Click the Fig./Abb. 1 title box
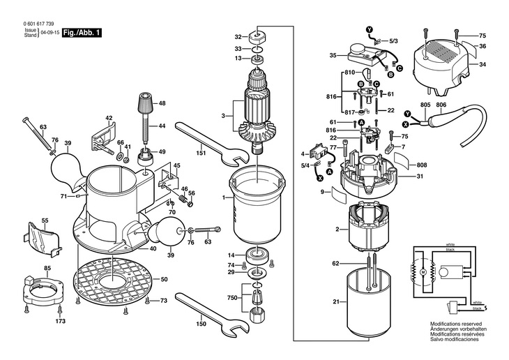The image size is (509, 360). coord(82,33)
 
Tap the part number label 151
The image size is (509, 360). coord(202,153)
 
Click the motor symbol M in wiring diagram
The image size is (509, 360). coord(423,271)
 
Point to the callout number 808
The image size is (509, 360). coord(422,165)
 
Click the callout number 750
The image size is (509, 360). coord(232,298)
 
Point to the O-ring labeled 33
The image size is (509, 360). coord(257,50)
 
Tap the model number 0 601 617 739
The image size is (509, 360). coord(38,24)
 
